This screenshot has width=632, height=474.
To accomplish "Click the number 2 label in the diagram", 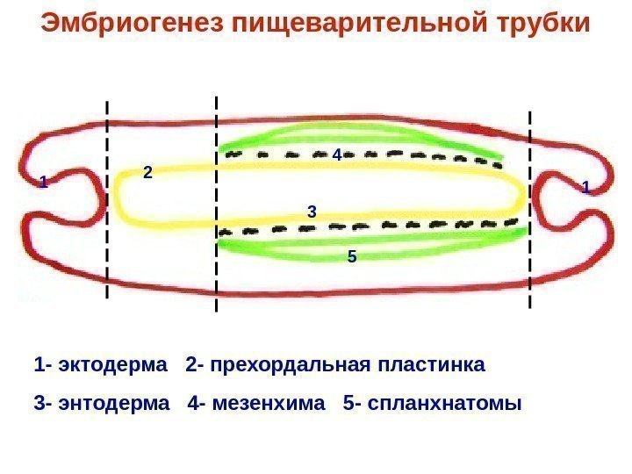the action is (147, 173).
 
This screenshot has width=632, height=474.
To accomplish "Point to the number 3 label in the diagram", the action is (311, 212).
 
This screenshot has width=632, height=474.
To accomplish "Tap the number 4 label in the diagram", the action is (336, 154).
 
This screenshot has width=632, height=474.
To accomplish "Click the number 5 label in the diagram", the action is (351, 257).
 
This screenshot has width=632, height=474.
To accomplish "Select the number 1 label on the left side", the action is (42, 183).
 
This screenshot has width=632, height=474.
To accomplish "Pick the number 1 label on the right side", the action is (586, 187).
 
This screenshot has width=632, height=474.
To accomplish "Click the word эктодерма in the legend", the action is (109, 364).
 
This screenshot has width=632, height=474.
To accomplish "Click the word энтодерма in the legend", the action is (111, 404).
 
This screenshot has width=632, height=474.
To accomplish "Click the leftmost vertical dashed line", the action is (107, 202).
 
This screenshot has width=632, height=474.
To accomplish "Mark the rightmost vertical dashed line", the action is (530, 211).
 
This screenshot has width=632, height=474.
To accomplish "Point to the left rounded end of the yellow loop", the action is (118, 198).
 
